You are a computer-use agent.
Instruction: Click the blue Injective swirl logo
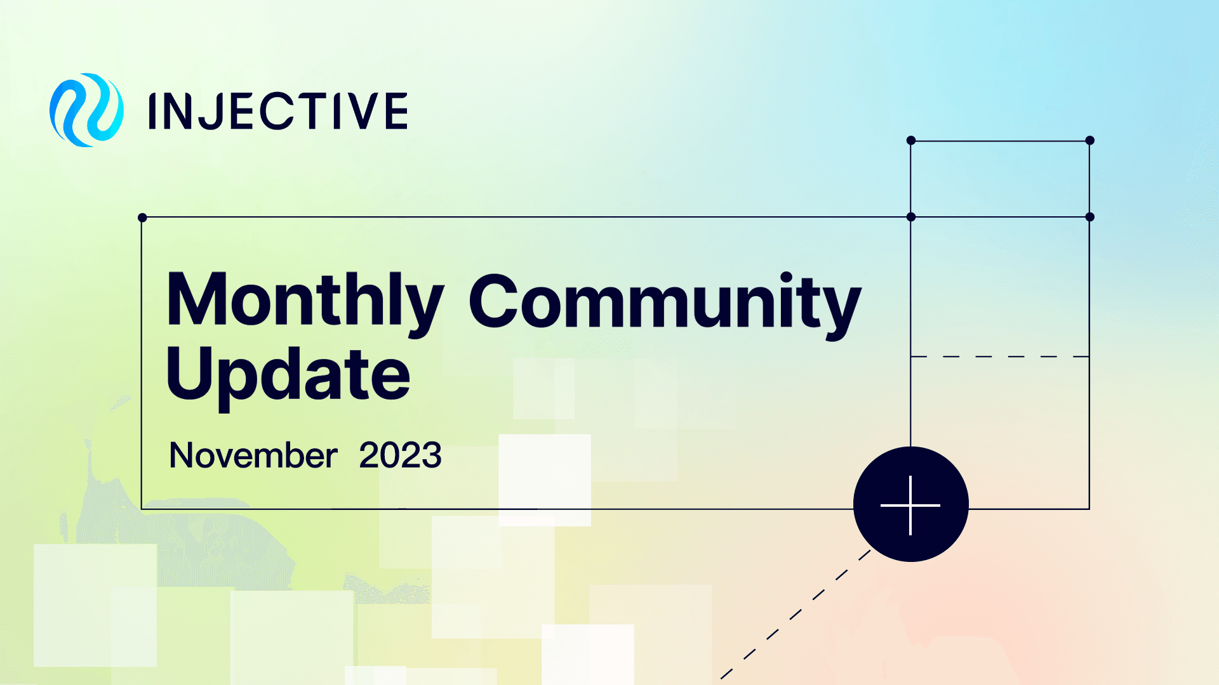pos(86,110)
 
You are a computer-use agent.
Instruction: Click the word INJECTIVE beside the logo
pos(277,111)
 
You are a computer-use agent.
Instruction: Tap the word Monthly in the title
pos(305,302)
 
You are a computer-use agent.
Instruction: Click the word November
pos(253,455)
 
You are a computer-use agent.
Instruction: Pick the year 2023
pos(400,455)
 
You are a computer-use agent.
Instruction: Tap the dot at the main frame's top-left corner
pos(142,218)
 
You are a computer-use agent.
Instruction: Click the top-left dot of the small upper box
pos(911,140)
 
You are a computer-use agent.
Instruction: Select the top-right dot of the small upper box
pos(1090,140)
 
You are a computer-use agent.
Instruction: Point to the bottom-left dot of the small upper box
pos(911,217)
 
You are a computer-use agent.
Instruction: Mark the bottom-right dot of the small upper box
pos(1090,217)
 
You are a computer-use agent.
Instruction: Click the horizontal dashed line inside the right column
pos(1000,356)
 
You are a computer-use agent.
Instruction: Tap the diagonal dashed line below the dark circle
pos(794,615)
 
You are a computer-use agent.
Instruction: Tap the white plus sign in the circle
pos(910,506)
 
